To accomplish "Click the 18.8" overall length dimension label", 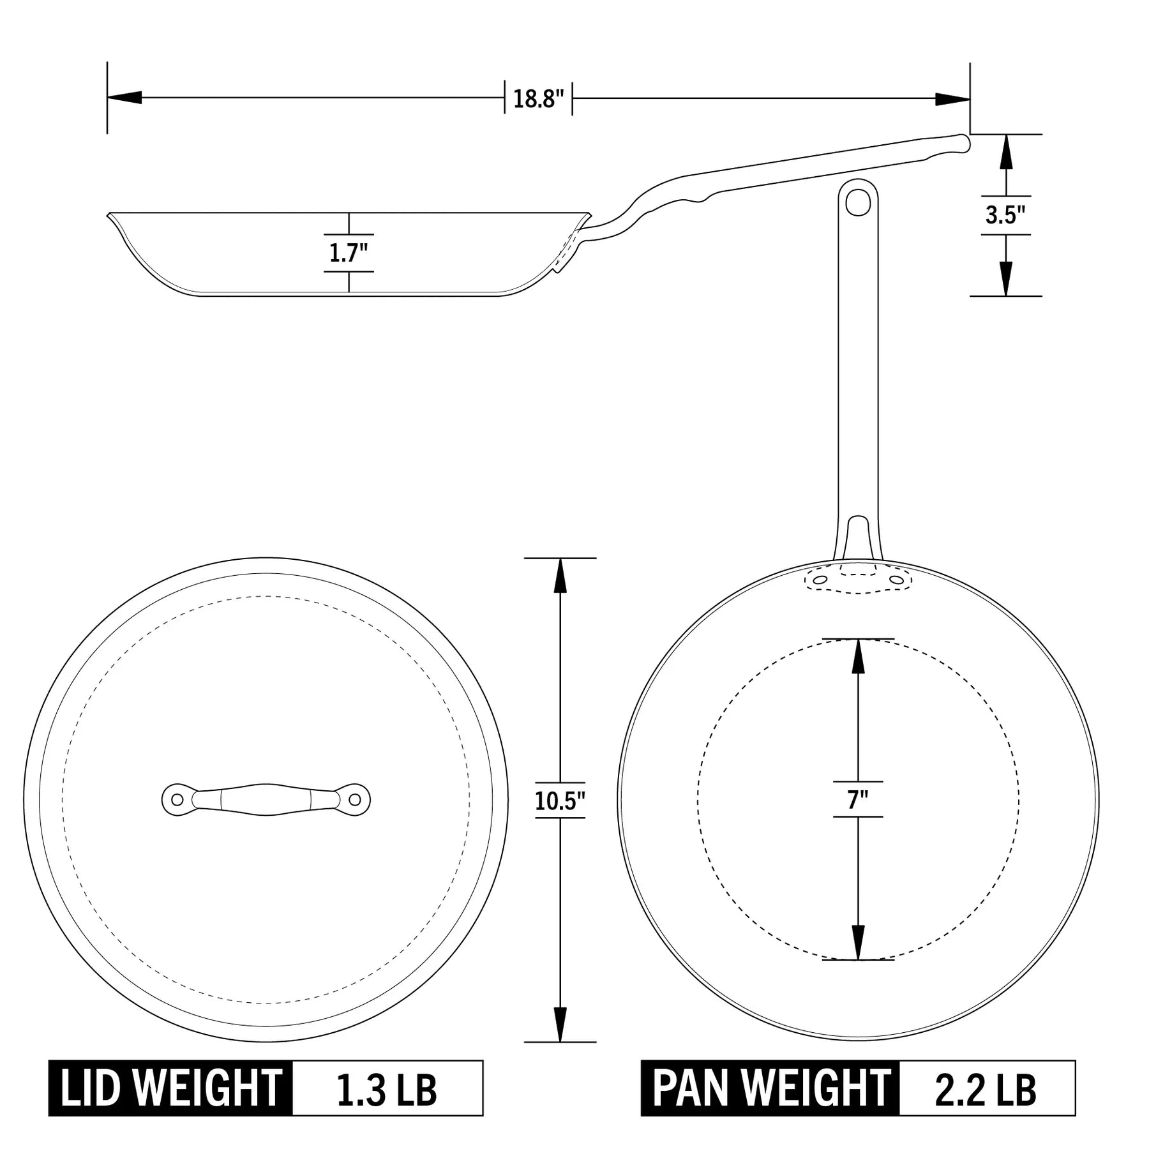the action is pos(539,100).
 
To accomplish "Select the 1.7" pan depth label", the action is pos(349,253).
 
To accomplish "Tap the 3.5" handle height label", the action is pos(1005,215).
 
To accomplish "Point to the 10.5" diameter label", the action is pos(560,800).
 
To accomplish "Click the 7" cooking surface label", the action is pos(858,800).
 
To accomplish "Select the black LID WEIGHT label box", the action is pos(170,1088).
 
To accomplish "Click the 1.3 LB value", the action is pos(387,1088).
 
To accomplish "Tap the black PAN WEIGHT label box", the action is pos(770,1088).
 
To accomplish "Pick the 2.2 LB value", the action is pos(986,1088).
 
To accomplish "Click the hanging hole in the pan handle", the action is pos(857,202).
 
